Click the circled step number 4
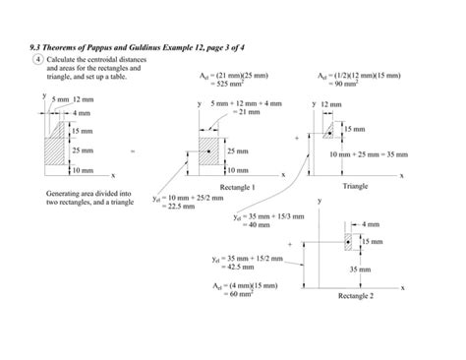point(37,59)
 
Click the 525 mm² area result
point(212,84)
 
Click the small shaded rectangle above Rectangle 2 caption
point(349,240)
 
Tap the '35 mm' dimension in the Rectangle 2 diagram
point(360,269)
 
